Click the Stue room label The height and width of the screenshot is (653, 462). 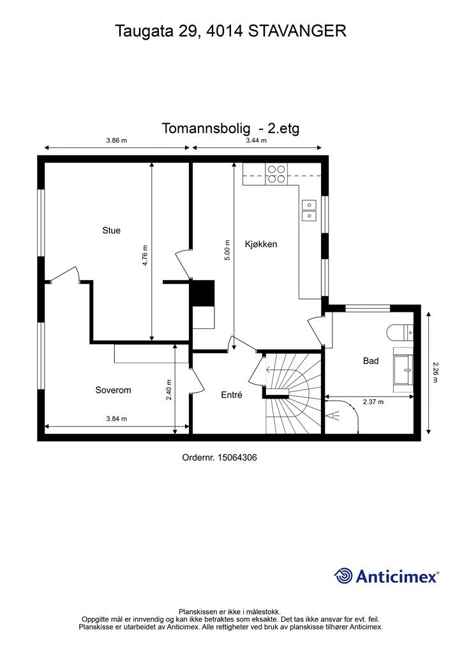click(111, 230)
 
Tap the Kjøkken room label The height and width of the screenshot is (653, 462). click(261, 244)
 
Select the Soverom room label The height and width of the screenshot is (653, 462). click(113, 390)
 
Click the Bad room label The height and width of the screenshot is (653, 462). click(371, 361)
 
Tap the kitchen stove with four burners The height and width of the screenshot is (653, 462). click(276, 174)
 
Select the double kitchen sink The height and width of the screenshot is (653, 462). click(309, 210)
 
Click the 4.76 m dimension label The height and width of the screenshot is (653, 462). click(145, 256)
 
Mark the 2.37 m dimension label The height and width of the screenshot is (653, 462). click(373, 402)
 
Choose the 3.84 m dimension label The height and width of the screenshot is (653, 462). click(115, 419)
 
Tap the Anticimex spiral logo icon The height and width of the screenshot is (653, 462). click(343, 576)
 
